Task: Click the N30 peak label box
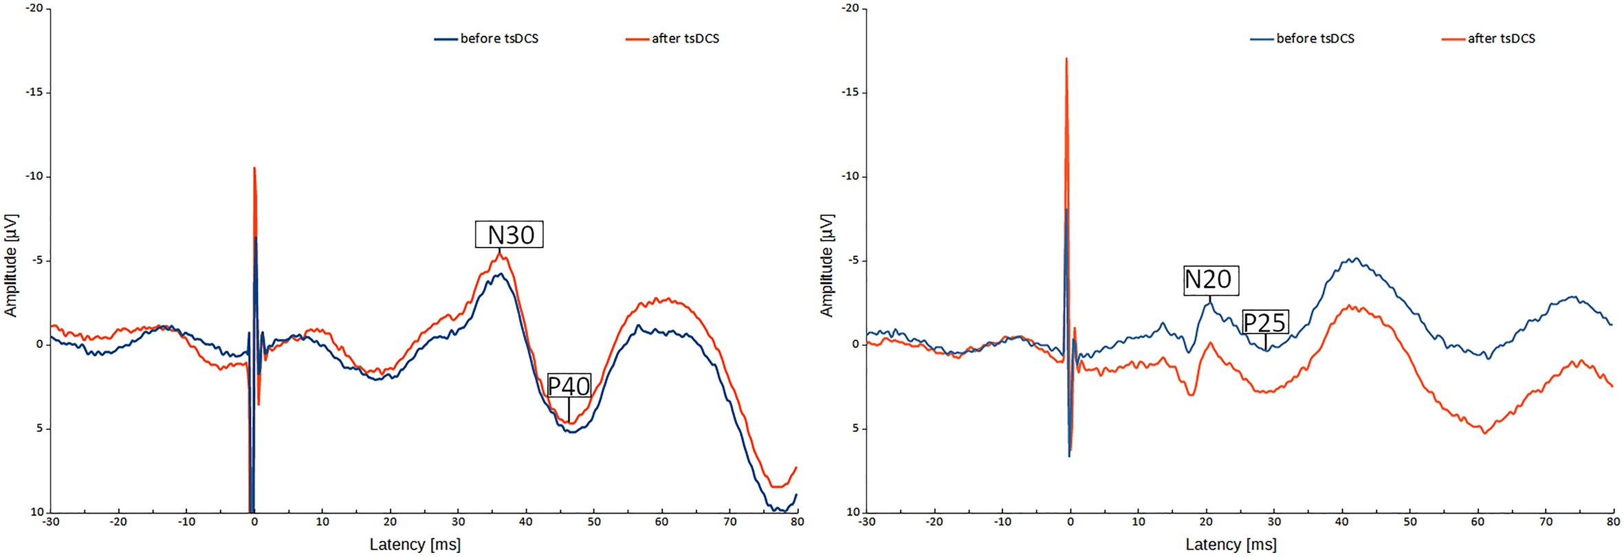tap(509, 234)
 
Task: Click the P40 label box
tap(569, 386)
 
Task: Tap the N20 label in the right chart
tap(1210, 280)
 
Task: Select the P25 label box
tap(1265, 322)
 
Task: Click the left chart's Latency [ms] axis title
tap(415, 545)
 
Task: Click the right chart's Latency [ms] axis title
tap(1231, 545)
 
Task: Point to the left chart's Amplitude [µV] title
tap(10, 265)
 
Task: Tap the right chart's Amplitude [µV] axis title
tap(826, 265)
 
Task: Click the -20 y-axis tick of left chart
tap(34, 8)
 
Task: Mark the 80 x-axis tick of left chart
tap(797, 522)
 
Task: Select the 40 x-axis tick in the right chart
tap(1341, 522)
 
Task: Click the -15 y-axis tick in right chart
tap(851, 92)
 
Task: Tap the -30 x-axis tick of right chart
tap(866, 522)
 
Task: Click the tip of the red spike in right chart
tap(1066, 59)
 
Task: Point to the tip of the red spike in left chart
tap(254, 168)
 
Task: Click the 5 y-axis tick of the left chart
tap(39, 428)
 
